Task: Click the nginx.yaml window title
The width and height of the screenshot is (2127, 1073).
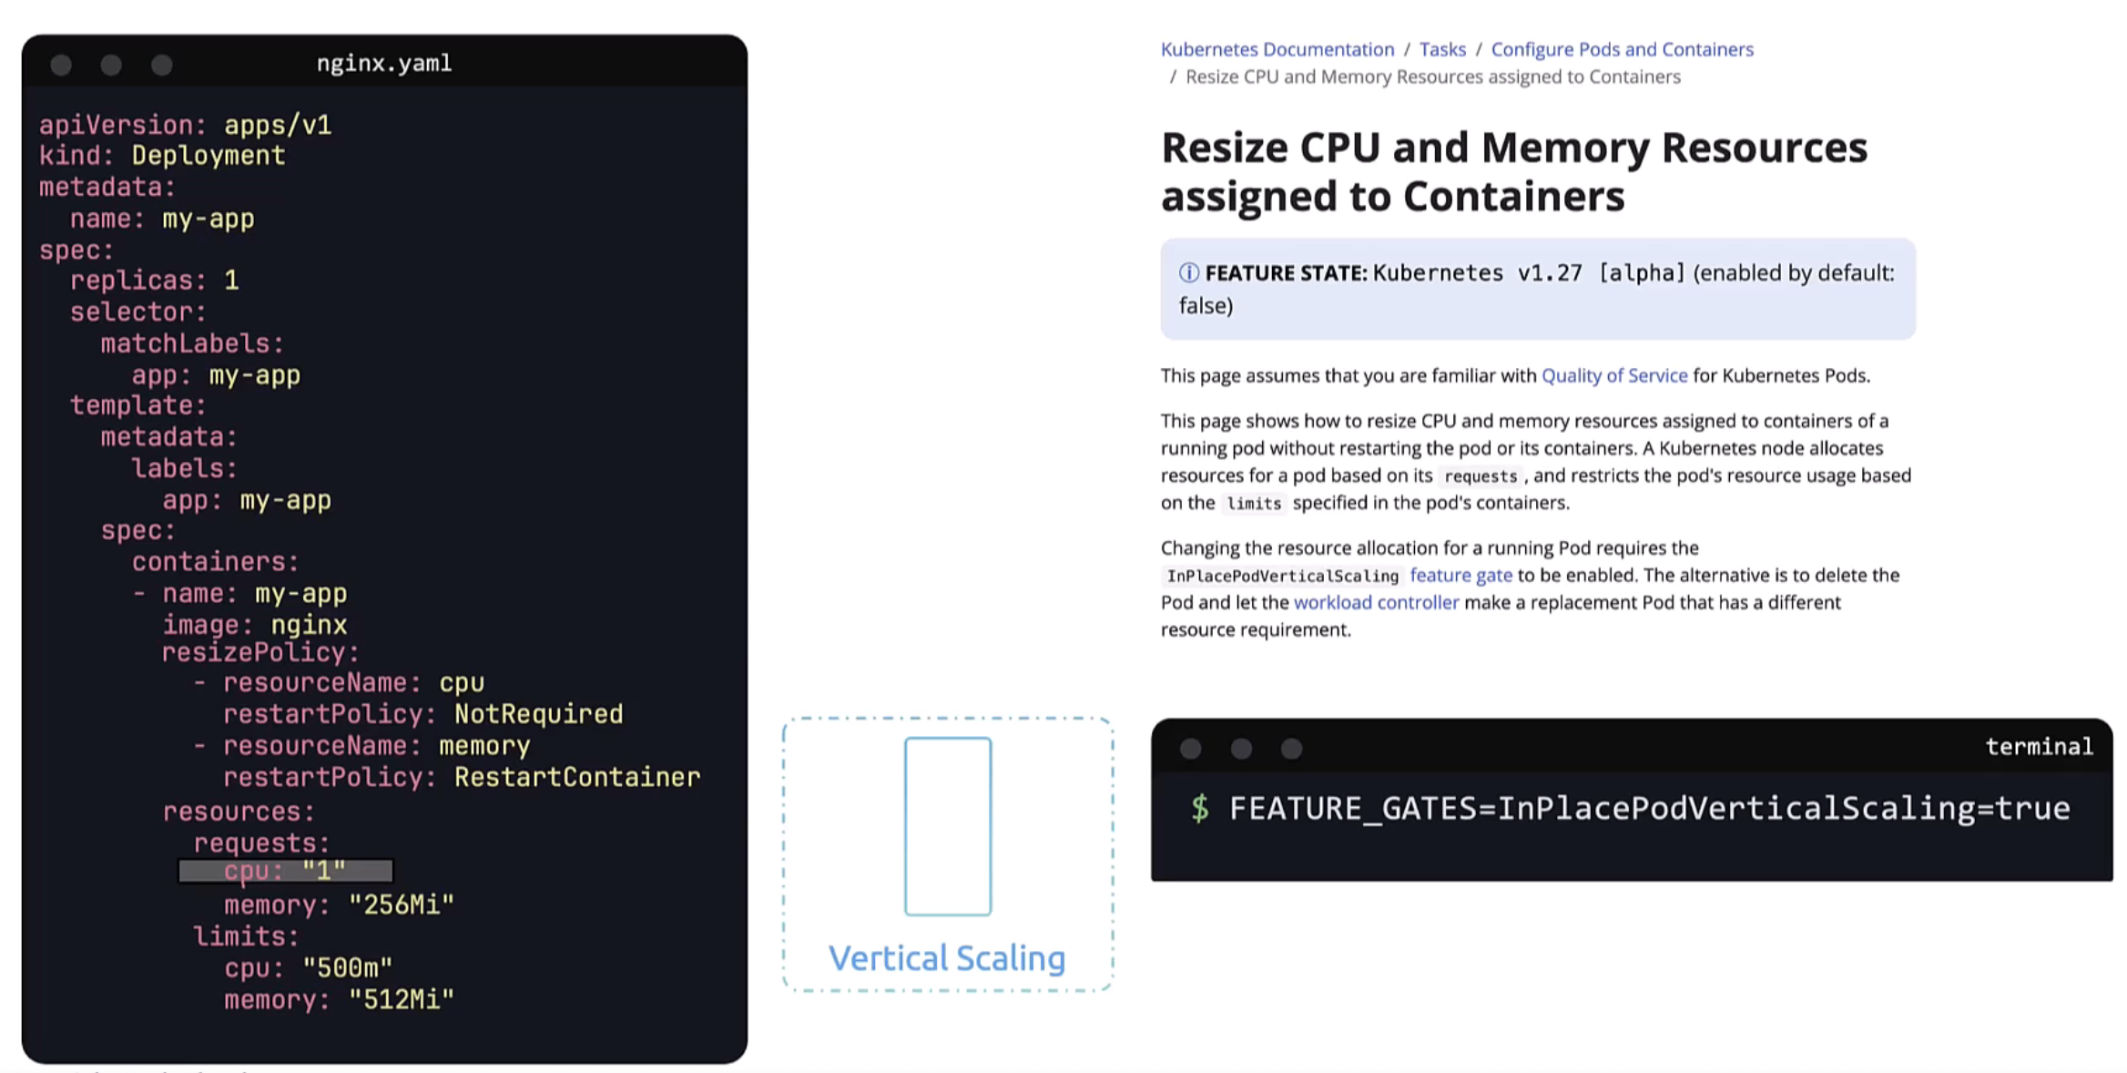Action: [x=383, y=63]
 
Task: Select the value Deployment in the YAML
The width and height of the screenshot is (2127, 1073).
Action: [x=208, y=156]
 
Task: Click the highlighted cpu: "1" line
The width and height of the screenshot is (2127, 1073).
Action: [x=285, y=872]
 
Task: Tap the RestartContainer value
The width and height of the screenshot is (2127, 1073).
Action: [x=577, y=777]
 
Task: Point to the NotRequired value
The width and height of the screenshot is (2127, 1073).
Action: [x=538, y=714]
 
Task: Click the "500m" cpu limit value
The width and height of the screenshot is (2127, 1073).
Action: [x=347, y=967]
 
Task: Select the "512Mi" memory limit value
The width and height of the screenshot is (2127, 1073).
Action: [x=401, y=999]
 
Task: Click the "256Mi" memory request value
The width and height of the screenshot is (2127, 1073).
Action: [x=401, y=904]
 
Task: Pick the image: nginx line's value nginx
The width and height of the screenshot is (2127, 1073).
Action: [x=309, y=625]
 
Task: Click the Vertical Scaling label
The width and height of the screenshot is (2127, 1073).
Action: [x=947, y=958]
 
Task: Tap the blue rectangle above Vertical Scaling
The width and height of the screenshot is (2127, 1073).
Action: [x=948, y=826]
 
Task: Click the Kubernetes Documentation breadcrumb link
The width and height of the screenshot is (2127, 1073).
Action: [x=1277, y=49]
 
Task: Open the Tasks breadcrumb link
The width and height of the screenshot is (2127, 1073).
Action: [x=1442, y=49]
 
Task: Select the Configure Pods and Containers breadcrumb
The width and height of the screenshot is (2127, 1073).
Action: [x=1622, y=49]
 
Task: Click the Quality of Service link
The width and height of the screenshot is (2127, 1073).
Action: [x=1613, y=375]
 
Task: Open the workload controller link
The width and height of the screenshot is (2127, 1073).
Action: [x=1376, y=602]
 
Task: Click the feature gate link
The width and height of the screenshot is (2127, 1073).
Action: [x=1460, y=575]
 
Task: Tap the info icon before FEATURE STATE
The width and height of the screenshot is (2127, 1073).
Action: [x=1188, y=272]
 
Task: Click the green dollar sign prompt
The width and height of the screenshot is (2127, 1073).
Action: [x=1200, y=808]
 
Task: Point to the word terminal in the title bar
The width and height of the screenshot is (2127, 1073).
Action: [x=2039, y=747]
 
